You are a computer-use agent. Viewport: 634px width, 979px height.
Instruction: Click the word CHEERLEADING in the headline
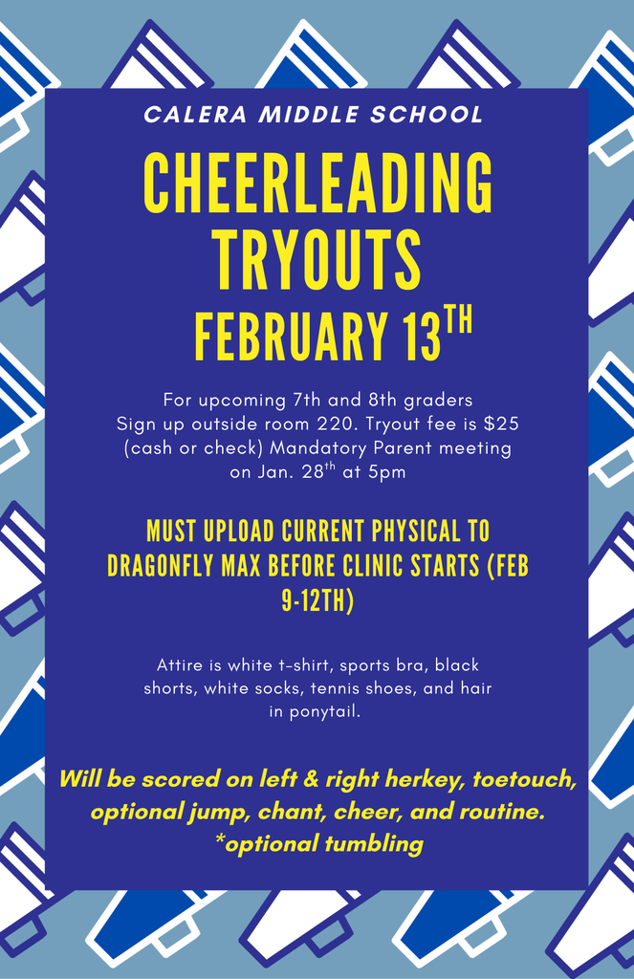click(x=317, y=184)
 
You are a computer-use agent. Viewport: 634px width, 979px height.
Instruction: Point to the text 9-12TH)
click(x=317, y=601)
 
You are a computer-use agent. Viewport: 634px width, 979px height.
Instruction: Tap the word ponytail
click(x=329, y=711)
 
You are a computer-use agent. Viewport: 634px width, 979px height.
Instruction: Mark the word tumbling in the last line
click(x=373, y=843)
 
